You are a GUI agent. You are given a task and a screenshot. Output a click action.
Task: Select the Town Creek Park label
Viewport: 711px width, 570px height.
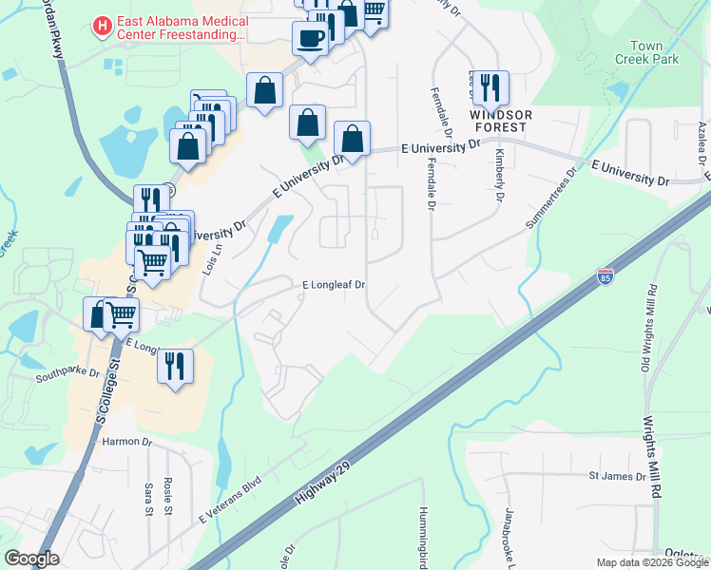[654, 52]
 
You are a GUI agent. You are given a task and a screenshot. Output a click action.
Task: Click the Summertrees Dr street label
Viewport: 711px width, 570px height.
[552, 199]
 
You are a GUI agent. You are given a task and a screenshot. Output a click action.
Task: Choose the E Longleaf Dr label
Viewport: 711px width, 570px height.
[334, 285]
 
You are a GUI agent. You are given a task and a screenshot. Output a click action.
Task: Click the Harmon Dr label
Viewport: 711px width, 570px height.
[120, 441]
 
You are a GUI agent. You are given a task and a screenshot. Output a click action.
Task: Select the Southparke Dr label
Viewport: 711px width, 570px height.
[67, 373]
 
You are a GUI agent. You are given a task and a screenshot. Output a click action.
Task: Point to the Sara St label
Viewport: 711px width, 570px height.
[148, 498]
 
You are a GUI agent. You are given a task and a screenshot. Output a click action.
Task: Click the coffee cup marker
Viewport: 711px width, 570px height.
[311, 38]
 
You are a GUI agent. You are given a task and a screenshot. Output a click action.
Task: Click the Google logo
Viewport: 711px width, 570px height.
[31, 559]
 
